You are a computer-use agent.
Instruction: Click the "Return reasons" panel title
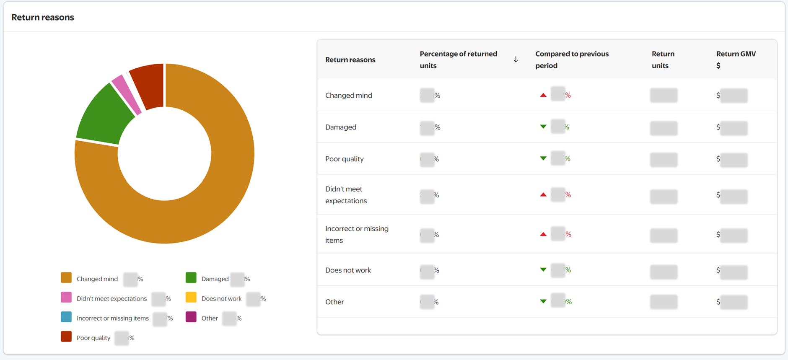pos(43,17)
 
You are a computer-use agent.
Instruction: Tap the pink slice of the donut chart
pos(126,94)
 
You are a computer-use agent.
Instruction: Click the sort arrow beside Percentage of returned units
pos(516,60)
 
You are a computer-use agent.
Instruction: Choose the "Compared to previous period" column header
pos(571,60)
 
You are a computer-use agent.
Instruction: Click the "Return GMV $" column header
pos(736,60)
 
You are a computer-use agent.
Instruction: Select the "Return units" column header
pos(663,60)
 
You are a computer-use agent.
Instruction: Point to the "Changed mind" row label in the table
pos(348,96)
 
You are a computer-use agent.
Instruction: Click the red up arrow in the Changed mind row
pos(543,95)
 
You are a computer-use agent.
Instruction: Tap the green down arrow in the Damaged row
pos(543,127)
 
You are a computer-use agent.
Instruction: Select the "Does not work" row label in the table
pos(348,270)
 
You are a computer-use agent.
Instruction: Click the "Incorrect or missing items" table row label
pos(357,234)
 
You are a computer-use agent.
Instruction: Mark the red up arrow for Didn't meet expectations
pos(543,194)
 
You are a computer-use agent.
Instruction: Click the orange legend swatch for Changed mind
pos(66,278)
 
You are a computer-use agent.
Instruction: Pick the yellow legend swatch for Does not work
pos(191,298)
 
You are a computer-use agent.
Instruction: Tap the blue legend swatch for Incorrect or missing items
pos(66,317)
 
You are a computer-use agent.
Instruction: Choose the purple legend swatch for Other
pos(191,317)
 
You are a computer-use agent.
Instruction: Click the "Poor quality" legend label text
pos(93,338)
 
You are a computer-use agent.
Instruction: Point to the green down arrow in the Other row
pos(543,301)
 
